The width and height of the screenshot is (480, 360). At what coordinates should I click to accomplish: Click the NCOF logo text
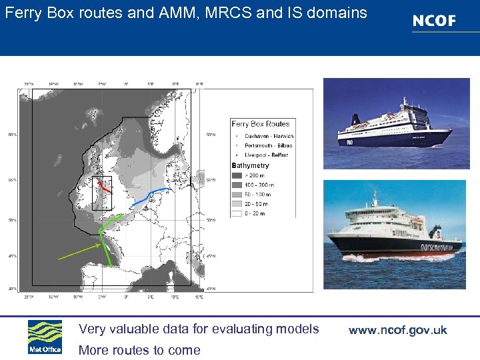[x=434, y=21]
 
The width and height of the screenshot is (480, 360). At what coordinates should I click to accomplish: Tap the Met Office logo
[x=45, y=337]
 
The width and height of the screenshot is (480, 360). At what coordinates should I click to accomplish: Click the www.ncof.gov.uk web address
[x=397, y=330]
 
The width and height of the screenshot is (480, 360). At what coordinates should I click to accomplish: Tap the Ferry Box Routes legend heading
[x=260, y=124]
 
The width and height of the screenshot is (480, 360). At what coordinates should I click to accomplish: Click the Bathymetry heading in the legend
[x=250, y=165]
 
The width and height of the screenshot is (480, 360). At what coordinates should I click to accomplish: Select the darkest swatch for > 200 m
[x=237, y=175]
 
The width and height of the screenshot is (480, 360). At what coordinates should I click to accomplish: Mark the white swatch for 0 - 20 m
[x=237, y=213]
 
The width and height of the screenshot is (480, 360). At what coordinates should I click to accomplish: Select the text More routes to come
[x=139, y=350]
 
